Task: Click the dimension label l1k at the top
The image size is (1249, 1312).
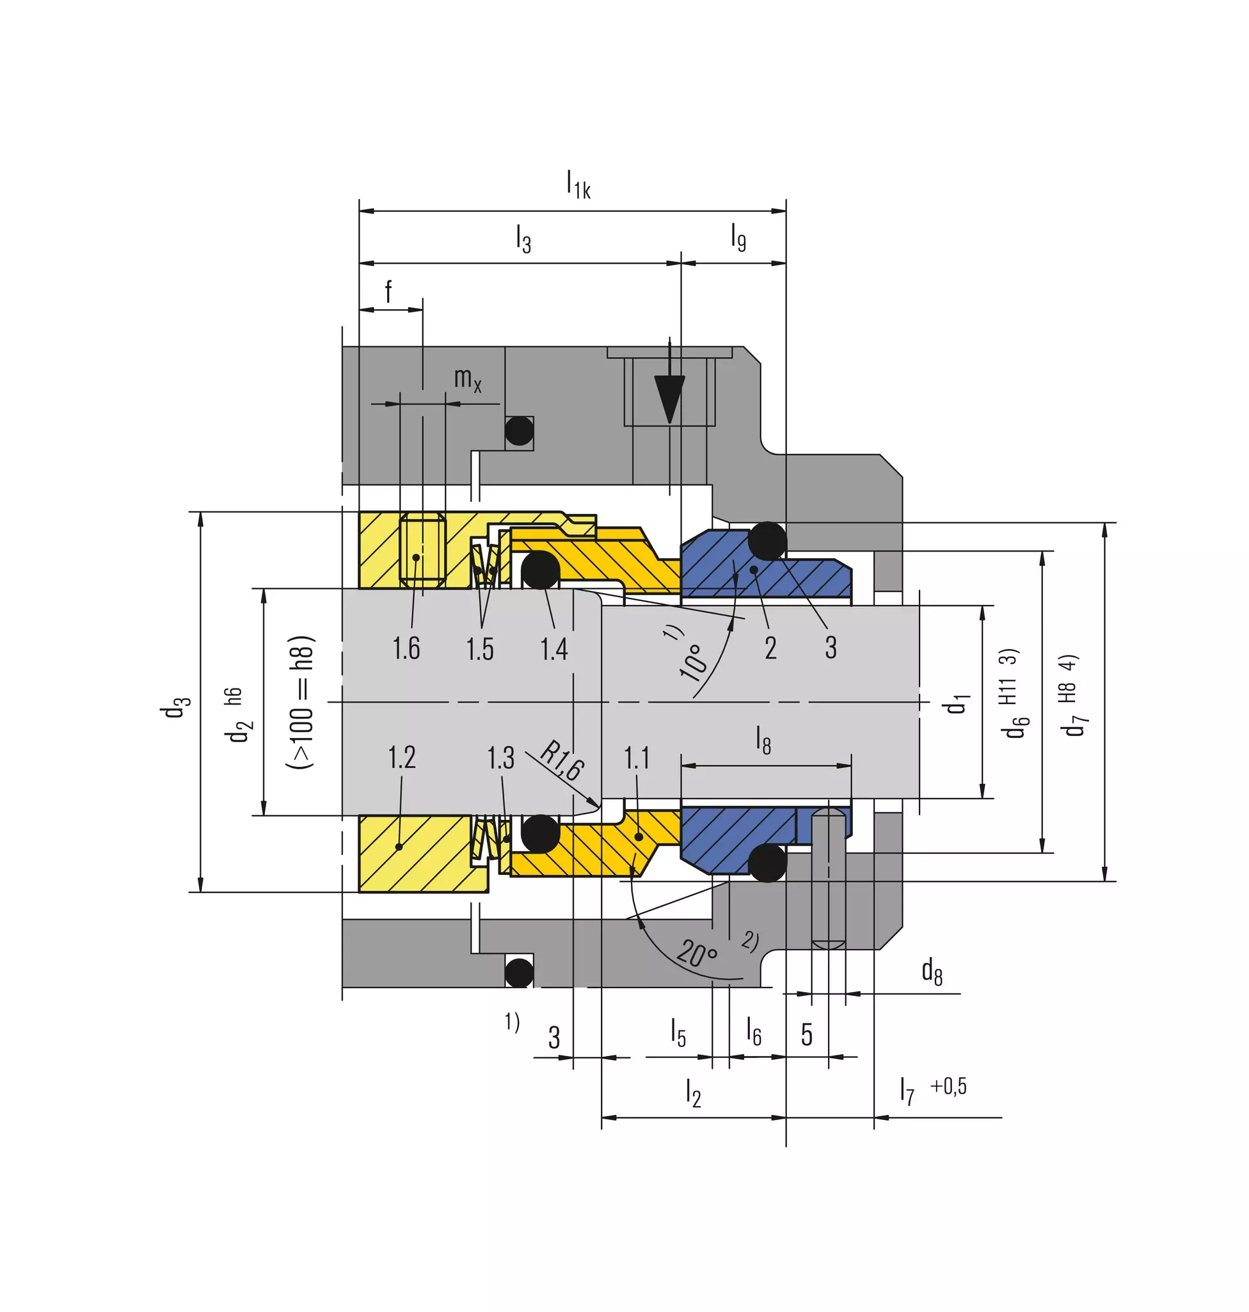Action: point(578,184)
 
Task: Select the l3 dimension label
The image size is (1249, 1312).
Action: point(523,239)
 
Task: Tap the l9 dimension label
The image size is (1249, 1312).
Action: point(738,237)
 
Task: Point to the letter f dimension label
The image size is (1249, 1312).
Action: point(388,291)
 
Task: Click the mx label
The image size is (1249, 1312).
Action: point(467,380)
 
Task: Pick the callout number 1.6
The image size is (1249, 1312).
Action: point(406,648)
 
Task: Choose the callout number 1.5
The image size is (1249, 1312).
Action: point(480,649)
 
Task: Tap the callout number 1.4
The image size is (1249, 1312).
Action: point(554,649)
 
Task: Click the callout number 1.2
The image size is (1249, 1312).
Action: point(401,757)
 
